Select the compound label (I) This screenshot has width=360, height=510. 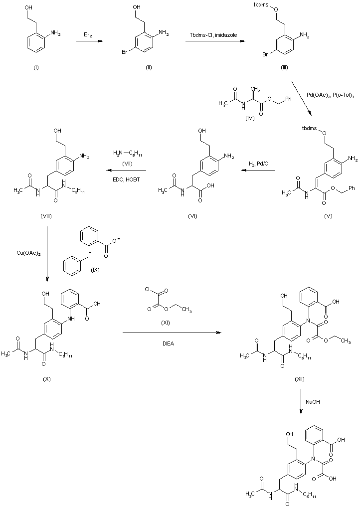tap(35, 67)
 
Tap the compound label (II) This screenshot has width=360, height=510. tap(149, 67)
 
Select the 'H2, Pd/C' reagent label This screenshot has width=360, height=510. tap(259, 163)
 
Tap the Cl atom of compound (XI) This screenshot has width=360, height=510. tap(146, 289)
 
